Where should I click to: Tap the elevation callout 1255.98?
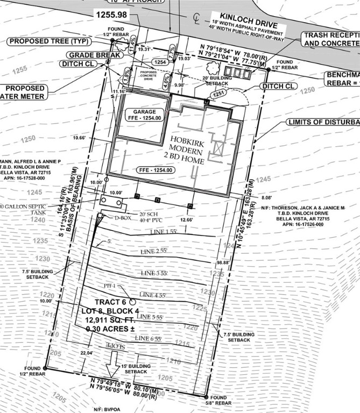tap(111, 15)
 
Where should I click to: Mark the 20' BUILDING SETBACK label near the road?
tap(214, 81)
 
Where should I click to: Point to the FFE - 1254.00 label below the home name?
tap(155, 170)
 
